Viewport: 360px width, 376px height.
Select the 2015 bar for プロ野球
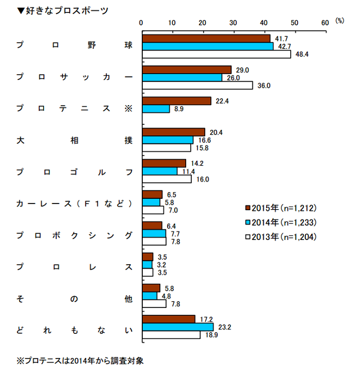pos(206,38)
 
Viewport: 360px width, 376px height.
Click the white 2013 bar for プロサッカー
pos(197,85)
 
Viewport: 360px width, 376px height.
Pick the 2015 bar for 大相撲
pos(174,132)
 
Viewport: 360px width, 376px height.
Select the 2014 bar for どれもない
pos(178,327)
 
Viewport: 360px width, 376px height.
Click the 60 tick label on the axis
pos(325,22)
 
